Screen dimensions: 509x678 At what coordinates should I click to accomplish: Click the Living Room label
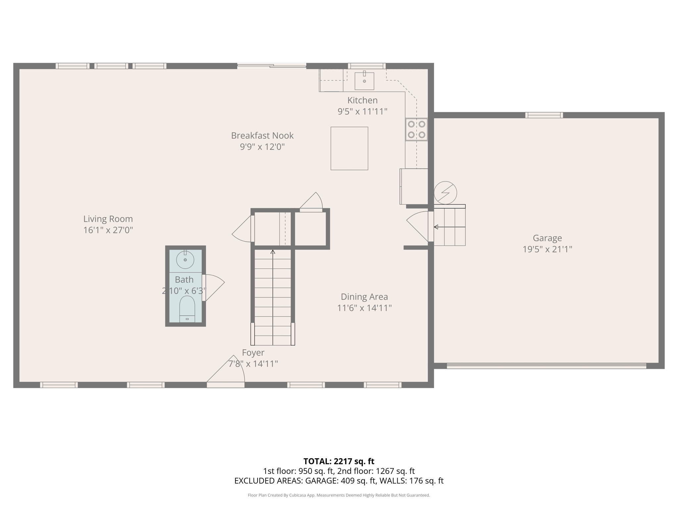108,219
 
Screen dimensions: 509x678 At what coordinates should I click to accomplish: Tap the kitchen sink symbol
364,81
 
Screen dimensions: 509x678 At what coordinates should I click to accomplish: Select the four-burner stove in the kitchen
416,130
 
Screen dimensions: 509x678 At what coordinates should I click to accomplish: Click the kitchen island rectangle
349,148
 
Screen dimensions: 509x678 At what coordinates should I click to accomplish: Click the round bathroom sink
185,260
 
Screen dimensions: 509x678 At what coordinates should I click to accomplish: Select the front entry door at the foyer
226,384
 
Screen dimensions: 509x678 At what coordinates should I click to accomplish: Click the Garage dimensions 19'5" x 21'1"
547,249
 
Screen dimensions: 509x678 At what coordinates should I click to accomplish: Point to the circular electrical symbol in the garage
445,193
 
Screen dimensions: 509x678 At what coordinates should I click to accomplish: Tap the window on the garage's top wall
544,115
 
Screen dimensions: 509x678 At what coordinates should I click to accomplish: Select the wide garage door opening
546,366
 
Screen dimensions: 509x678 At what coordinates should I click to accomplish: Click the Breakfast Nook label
262,136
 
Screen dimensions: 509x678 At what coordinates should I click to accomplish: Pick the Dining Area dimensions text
364,308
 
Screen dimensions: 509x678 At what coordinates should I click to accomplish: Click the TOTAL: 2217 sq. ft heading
339,461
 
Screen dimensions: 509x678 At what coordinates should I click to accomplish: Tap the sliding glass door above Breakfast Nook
271,66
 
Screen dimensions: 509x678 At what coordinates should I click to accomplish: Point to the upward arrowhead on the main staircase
273,252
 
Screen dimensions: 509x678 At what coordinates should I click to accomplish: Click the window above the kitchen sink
366,66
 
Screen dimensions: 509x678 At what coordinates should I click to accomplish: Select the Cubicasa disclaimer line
339,495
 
